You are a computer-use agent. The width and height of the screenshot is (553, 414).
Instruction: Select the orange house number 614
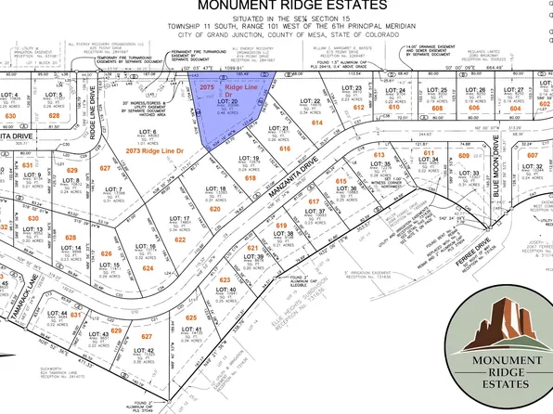click(317, 123)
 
